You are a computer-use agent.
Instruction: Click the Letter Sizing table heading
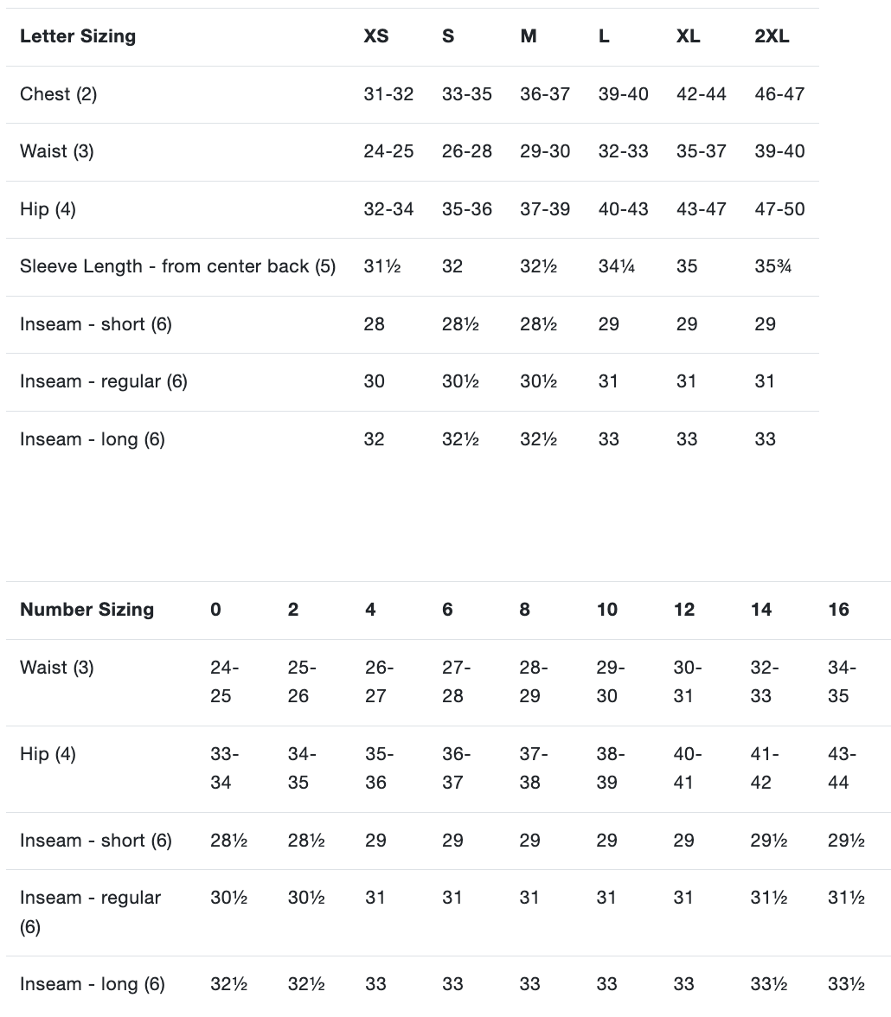(x=78, y=36)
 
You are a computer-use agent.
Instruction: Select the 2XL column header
(x=772, y=36)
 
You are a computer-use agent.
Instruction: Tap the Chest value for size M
(x=544, y=94)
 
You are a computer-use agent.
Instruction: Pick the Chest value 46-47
(x=779, y=94)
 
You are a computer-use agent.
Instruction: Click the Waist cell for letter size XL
(x=701, y=151)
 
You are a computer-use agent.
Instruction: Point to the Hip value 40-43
(x=623, y=209)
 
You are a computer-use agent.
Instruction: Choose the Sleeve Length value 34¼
(x=617, y=266)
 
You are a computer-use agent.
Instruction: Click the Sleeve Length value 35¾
(x=772, y=266)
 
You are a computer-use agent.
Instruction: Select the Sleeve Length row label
(x=177, y=266)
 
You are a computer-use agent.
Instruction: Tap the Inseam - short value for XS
(x=375, y=324)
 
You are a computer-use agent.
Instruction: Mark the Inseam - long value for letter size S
(x=460, y=439)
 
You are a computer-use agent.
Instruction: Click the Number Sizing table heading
(x=87, y=610)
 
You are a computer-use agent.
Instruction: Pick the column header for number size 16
(x=838, y=610)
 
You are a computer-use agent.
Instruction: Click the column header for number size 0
(x=215, y=610)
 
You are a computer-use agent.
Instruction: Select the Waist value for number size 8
(x=529, y=681)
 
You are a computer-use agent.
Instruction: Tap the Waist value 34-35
(x=838, y=681)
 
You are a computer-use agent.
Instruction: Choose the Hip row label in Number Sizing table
(x=48, y=754)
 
